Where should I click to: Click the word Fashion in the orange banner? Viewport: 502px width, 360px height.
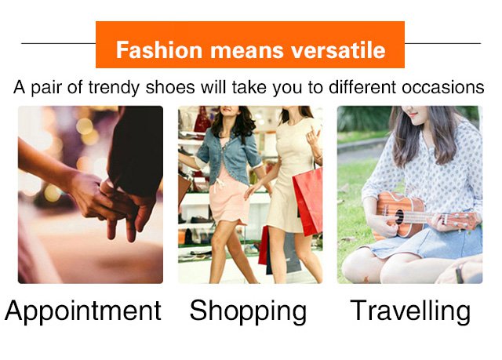click(x=158, y=50)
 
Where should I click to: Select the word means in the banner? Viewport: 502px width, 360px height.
click(x=246, y=51)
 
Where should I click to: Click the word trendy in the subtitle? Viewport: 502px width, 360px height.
click(x=114, y=87)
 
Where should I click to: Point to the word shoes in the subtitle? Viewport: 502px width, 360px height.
click(x=170, y=87)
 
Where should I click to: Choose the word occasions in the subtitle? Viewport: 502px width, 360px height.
click(x=442, y=87)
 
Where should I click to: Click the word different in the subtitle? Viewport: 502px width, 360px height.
click(x=363, y=87)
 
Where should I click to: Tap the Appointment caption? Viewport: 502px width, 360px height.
click(x=83, y=311)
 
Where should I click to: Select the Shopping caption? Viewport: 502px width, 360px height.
click(x=248, y=311)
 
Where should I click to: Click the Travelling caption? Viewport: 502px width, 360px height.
click(x=410, y=311)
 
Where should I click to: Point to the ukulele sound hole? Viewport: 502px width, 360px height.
click(x=399, y=216)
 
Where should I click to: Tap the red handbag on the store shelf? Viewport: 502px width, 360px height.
click(x=202, y=120)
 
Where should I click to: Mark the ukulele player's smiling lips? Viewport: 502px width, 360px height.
click(x=413, y=115)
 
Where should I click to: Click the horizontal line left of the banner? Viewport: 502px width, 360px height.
click(x=59, y=43)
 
